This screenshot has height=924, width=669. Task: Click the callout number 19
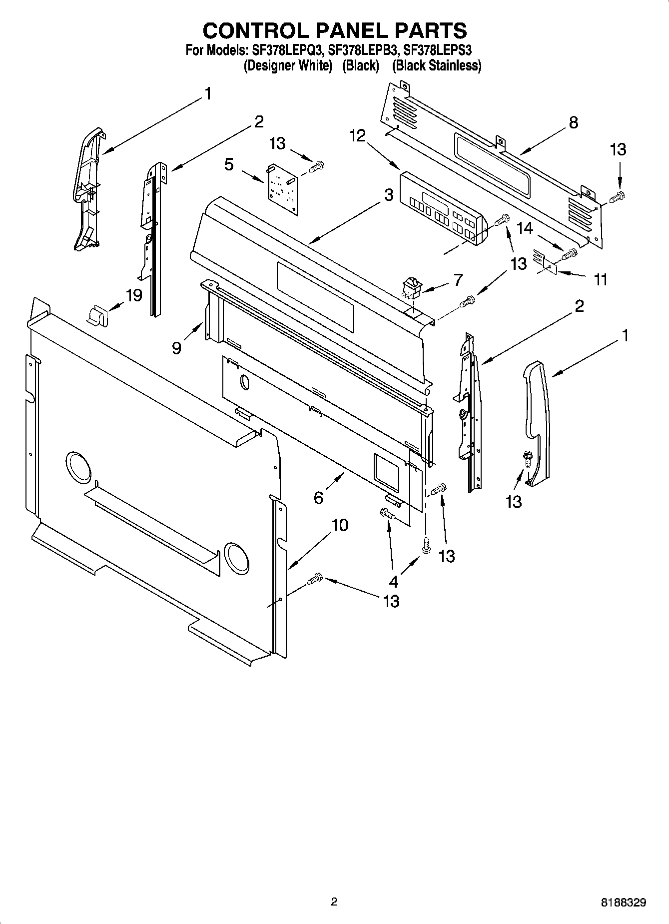pyautogui.click(x=134, y=295)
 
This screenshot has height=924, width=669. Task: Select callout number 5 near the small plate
pyautogui.click(x=229, y=164)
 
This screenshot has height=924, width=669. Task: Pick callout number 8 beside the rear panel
pyautogui.click(x=573, y=122)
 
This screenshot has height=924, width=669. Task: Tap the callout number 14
pyautogui.click(x=525, y=228)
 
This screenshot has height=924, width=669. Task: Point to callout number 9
pyautogui.click(x=176, y=348)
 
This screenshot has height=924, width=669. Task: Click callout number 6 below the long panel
pyautogui.click(x=318, y=497)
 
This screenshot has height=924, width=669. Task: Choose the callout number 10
pyautogui.click(x=340, y=525)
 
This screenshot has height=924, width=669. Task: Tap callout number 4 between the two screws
pyautogui.click(x=394, y=582)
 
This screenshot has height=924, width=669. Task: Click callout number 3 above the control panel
pyautogui.click(x=389, y=195)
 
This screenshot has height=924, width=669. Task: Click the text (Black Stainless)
pyautogui.click(x=436, y=65)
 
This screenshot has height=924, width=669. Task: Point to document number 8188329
pyautogui.click(x=624, y=903)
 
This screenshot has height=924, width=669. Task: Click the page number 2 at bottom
pyautogui.click(x=334, y=902)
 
